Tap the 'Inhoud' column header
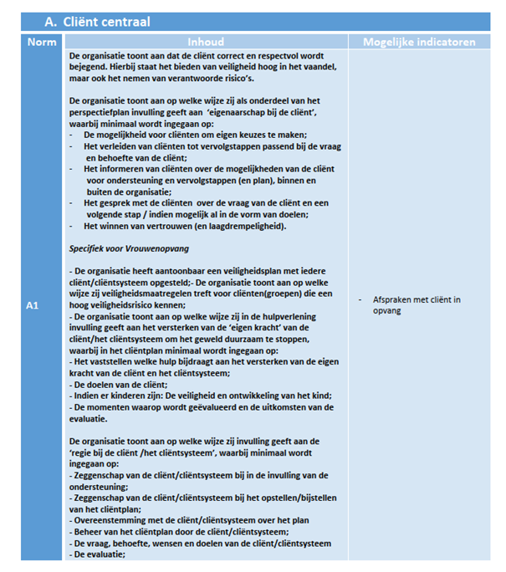coord(205,42)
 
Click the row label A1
coord(33,306)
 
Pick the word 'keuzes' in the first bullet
coord(236,135)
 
